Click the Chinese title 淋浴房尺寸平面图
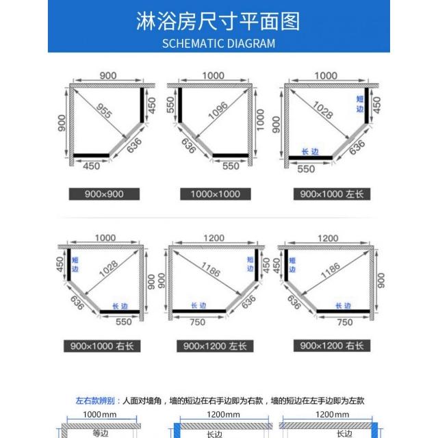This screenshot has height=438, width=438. click(218, 21)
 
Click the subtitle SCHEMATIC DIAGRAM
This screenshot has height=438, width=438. click(219, 44)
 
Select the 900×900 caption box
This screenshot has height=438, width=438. click(104, 194)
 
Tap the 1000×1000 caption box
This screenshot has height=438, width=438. click(216, 194)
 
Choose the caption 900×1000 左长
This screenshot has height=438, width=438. click(332, 194)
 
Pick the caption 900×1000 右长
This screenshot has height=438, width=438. click(102, 346)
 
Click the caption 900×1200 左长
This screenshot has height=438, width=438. click(215, 346)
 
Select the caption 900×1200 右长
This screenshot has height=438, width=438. click(332, 346)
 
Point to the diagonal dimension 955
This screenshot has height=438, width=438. click(104, 111)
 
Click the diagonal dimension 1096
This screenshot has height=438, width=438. click(218, 111)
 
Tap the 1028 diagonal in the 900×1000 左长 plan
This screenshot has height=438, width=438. click(323, 109)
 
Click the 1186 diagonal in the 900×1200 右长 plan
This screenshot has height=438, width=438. click(331, 270)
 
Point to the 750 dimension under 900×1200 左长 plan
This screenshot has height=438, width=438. click(198, 322)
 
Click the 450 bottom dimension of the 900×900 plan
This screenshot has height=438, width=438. click(91, 166)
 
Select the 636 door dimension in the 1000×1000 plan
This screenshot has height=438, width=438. click(188, 146)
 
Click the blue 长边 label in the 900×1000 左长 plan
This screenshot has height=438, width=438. click(310, 152)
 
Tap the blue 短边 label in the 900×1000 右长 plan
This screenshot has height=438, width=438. click(75, 265)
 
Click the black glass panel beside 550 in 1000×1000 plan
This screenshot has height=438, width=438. click(231, 155)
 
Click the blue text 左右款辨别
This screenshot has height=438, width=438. click(95, 401)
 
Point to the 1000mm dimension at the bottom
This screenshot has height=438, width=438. click(100, 414)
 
